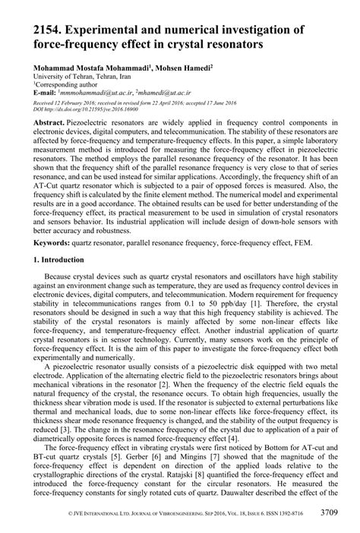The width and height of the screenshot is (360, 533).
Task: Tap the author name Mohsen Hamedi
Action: [x=182, y=68]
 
